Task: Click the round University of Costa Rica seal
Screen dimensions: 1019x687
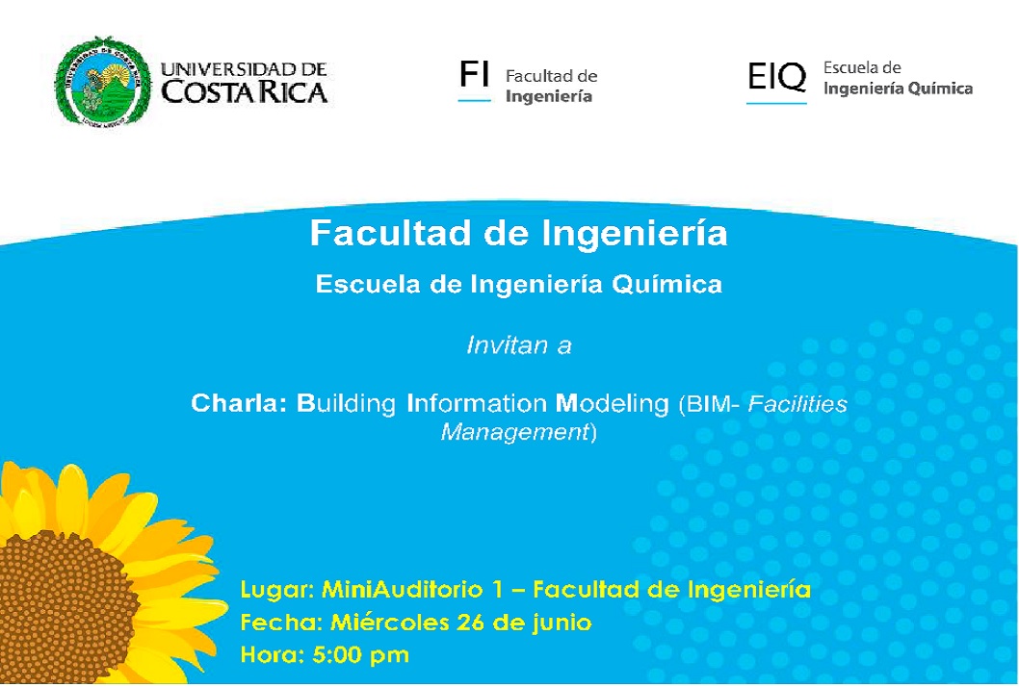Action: (102, 81)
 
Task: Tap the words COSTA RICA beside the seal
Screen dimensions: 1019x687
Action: (244, 92)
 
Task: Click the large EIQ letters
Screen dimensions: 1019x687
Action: (776, 77)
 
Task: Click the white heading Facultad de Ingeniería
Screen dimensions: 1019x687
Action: (518, 233)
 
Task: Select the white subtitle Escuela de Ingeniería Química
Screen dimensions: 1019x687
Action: (518, 285)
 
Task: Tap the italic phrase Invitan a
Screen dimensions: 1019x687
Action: (518, 344)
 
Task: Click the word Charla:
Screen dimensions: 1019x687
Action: (239, 403)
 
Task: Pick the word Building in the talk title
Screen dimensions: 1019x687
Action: (347, 404)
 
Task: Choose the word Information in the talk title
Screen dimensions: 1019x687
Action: (477, 403)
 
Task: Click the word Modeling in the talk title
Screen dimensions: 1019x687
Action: (613, 404)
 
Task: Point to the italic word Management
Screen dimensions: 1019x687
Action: (514, 432)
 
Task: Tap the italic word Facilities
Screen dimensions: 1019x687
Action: (797, 403)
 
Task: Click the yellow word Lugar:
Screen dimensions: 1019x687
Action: (277, 590)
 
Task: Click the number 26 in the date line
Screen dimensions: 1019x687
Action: (471, 623)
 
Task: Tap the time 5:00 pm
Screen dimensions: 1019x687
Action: (360, 654)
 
